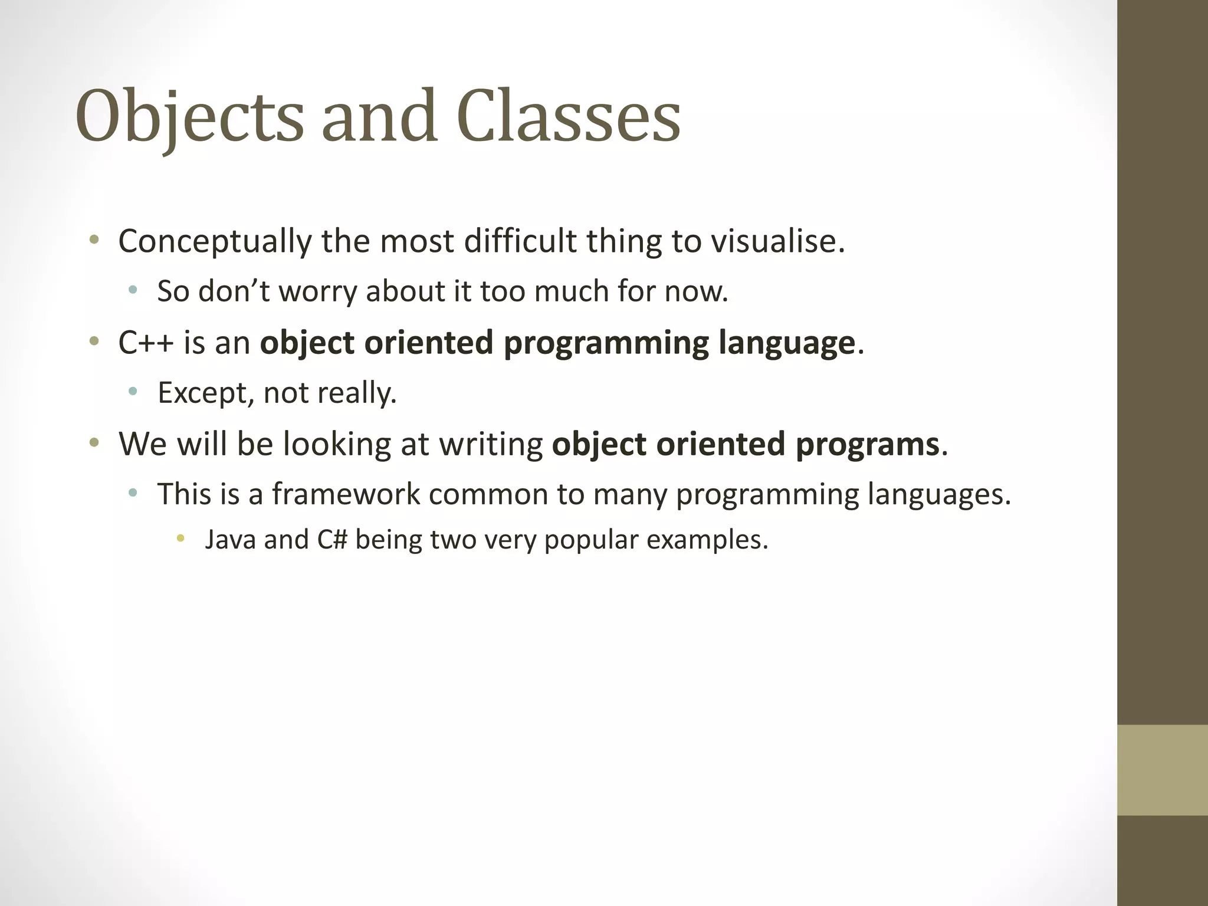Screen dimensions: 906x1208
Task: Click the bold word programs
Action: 866,444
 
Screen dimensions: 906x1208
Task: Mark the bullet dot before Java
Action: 180,538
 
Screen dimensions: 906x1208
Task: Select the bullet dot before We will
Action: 94,442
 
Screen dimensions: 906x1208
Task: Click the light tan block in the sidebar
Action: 1162,770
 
